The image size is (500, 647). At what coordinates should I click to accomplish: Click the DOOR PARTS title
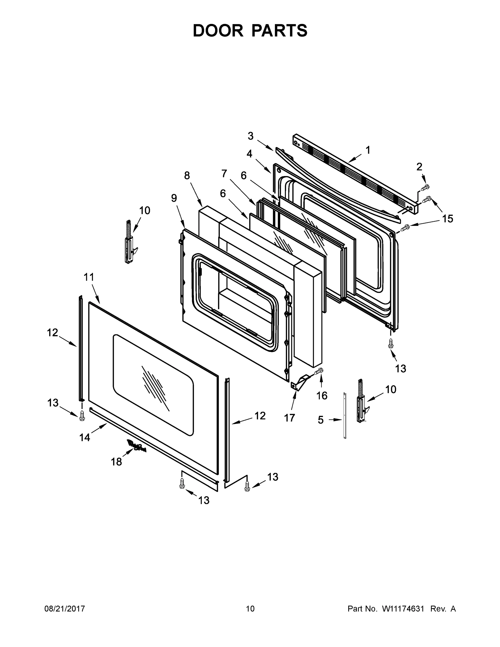point(250,30)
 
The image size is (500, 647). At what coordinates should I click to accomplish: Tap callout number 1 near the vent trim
point(368,150)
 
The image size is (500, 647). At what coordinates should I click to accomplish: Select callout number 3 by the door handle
point(251,136)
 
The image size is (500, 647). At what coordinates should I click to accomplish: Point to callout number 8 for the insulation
point(187,176)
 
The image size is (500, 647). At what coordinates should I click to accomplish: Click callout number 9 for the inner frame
point(174,198)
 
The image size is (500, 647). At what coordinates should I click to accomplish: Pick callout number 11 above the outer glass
point(89,277)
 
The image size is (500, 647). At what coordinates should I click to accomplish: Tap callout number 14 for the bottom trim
point(84,437)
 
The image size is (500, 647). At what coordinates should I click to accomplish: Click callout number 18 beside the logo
point(116,462)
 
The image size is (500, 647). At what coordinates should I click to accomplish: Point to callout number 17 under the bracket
point(290,418)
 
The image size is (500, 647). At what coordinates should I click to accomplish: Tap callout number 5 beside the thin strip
point(321,420)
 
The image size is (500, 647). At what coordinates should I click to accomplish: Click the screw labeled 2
point(425,188)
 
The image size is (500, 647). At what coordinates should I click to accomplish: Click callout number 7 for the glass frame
point(224,173)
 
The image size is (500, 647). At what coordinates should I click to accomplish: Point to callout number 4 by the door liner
point(249,154)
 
